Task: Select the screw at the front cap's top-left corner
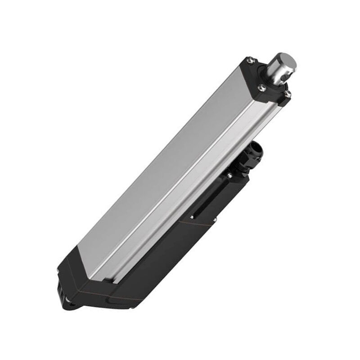coord(251,60)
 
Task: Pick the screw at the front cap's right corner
coord(288,94)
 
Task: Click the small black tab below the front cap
coord(283,103)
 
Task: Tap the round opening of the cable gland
coord(257,148)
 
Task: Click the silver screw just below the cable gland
coord(229,175)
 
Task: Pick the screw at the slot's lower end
coord(192,216)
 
